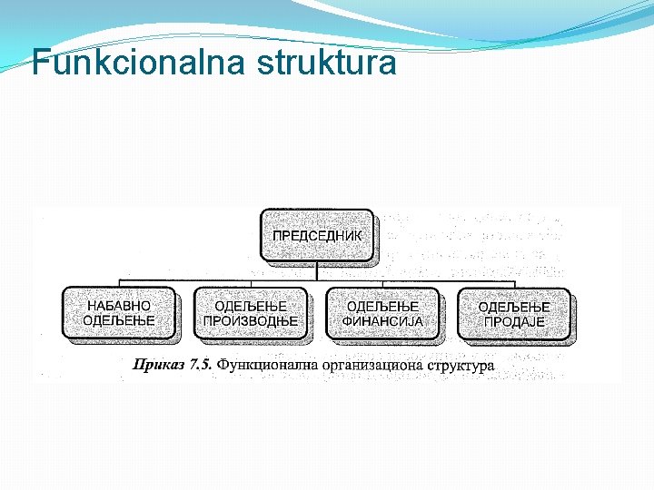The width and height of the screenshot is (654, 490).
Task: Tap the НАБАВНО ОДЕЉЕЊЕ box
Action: click(119, 313)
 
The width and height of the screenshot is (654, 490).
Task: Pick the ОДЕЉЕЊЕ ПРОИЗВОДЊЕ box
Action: click(251, 313)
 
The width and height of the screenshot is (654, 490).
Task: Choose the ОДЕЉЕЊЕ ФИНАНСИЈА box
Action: click(382, 313)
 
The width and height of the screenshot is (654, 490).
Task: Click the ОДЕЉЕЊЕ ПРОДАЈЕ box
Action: click(514, 314)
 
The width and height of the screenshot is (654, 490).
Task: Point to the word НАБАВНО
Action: click(119, 306)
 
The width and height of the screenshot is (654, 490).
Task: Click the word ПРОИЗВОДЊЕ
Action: click(251, 321)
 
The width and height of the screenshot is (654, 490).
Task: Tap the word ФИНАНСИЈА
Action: click(382, 321)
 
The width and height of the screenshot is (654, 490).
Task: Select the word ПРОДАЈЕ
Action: click(514, 322)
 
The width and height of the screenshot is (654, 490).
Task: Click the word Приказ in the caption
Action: click(156, 365)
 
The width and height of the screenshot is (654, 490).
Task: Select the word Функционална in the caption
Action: click(267, 365)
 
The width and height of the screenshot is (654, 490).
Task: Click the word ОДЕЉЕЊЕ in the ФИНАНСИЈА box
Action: click(382, 306)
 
